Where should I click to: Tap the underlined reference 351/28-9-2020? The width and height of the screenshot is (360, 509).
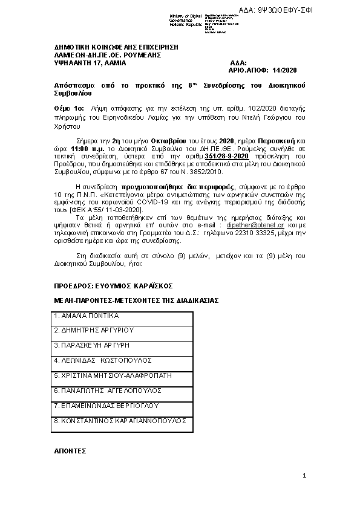(227, 157)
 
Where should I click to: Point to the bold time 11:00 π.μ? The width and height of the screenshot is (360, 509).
(87, 148)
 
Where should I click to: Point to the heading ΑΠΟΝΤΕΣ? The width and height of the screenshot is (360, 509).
(70, 451)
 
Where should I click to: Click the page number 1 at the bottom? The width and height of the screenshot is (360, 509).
(304, 478)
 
